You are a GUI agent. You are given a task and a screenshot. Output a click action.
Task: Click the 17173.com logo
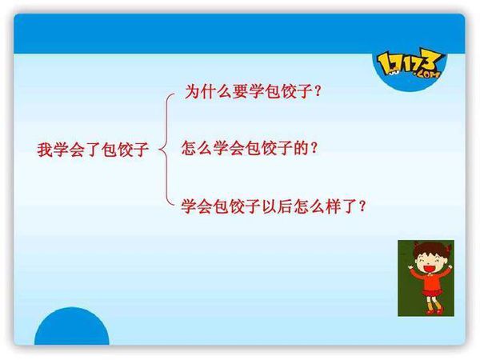[x=410, y=66]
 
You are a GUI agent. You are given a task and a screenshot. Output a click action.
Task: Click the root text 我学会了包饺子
[x=93, y=150]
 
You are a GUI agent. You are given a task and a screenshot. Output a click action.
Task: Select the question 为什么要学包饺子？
[x=253, y=91]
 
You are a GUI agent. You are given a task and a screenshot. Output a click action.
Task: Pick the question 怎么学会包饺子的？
[x=249, y=148]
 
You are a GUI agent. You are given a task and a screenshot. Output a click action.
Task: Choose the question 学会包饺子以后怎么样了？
[x=274, y=206]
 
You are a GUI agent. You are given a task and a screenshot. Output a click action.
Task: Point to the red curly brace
[x=167, y=149]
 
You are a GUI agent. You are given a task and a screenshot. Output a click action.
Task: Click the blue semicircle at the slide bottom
[x=72, y=326]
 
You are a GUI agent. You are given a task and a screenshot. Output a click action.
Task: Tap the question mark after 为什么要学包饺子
[x=318, y=91]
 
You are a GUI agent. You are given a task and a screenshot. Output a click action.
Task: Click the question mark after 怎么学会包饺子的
[x=314, y=149]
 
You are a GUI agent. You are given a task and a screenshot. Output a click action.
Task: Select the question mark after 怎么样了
[x=362, y=206]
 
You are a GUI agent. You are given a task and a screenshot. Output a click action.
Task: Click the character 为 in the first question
[x=193, y=91]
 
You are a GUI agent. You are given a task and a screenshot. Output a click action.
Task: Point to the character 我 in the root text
[x=45, y=150]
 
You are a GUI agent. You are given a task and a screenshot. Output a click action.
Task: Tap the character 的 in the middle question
[x=301, y=148]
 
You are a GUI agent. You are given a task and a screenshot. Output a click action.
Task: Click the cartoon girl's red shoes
[x=434, y=311]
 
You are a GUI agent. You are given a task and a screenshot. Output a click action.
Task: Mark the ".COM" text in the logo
[x=428, y=74]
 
